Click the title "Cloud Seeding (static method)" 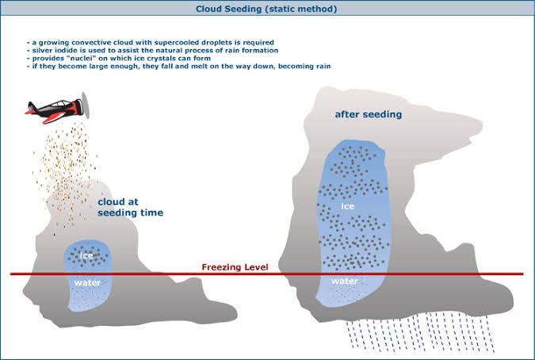click(268, 9)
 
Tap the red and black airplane click(55, 108)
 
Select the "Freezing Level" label click(235, 267)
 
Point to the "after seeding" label click(368, 114)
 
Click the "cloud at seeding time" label click(130, 207)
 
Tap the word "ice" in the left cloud click(86, 255)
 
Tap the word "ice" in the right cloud click(346, 206)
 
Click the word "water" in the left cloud click(86, 281)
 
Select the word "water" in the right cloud click(346, 281)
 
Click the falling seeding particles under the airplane click(67, 159)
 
